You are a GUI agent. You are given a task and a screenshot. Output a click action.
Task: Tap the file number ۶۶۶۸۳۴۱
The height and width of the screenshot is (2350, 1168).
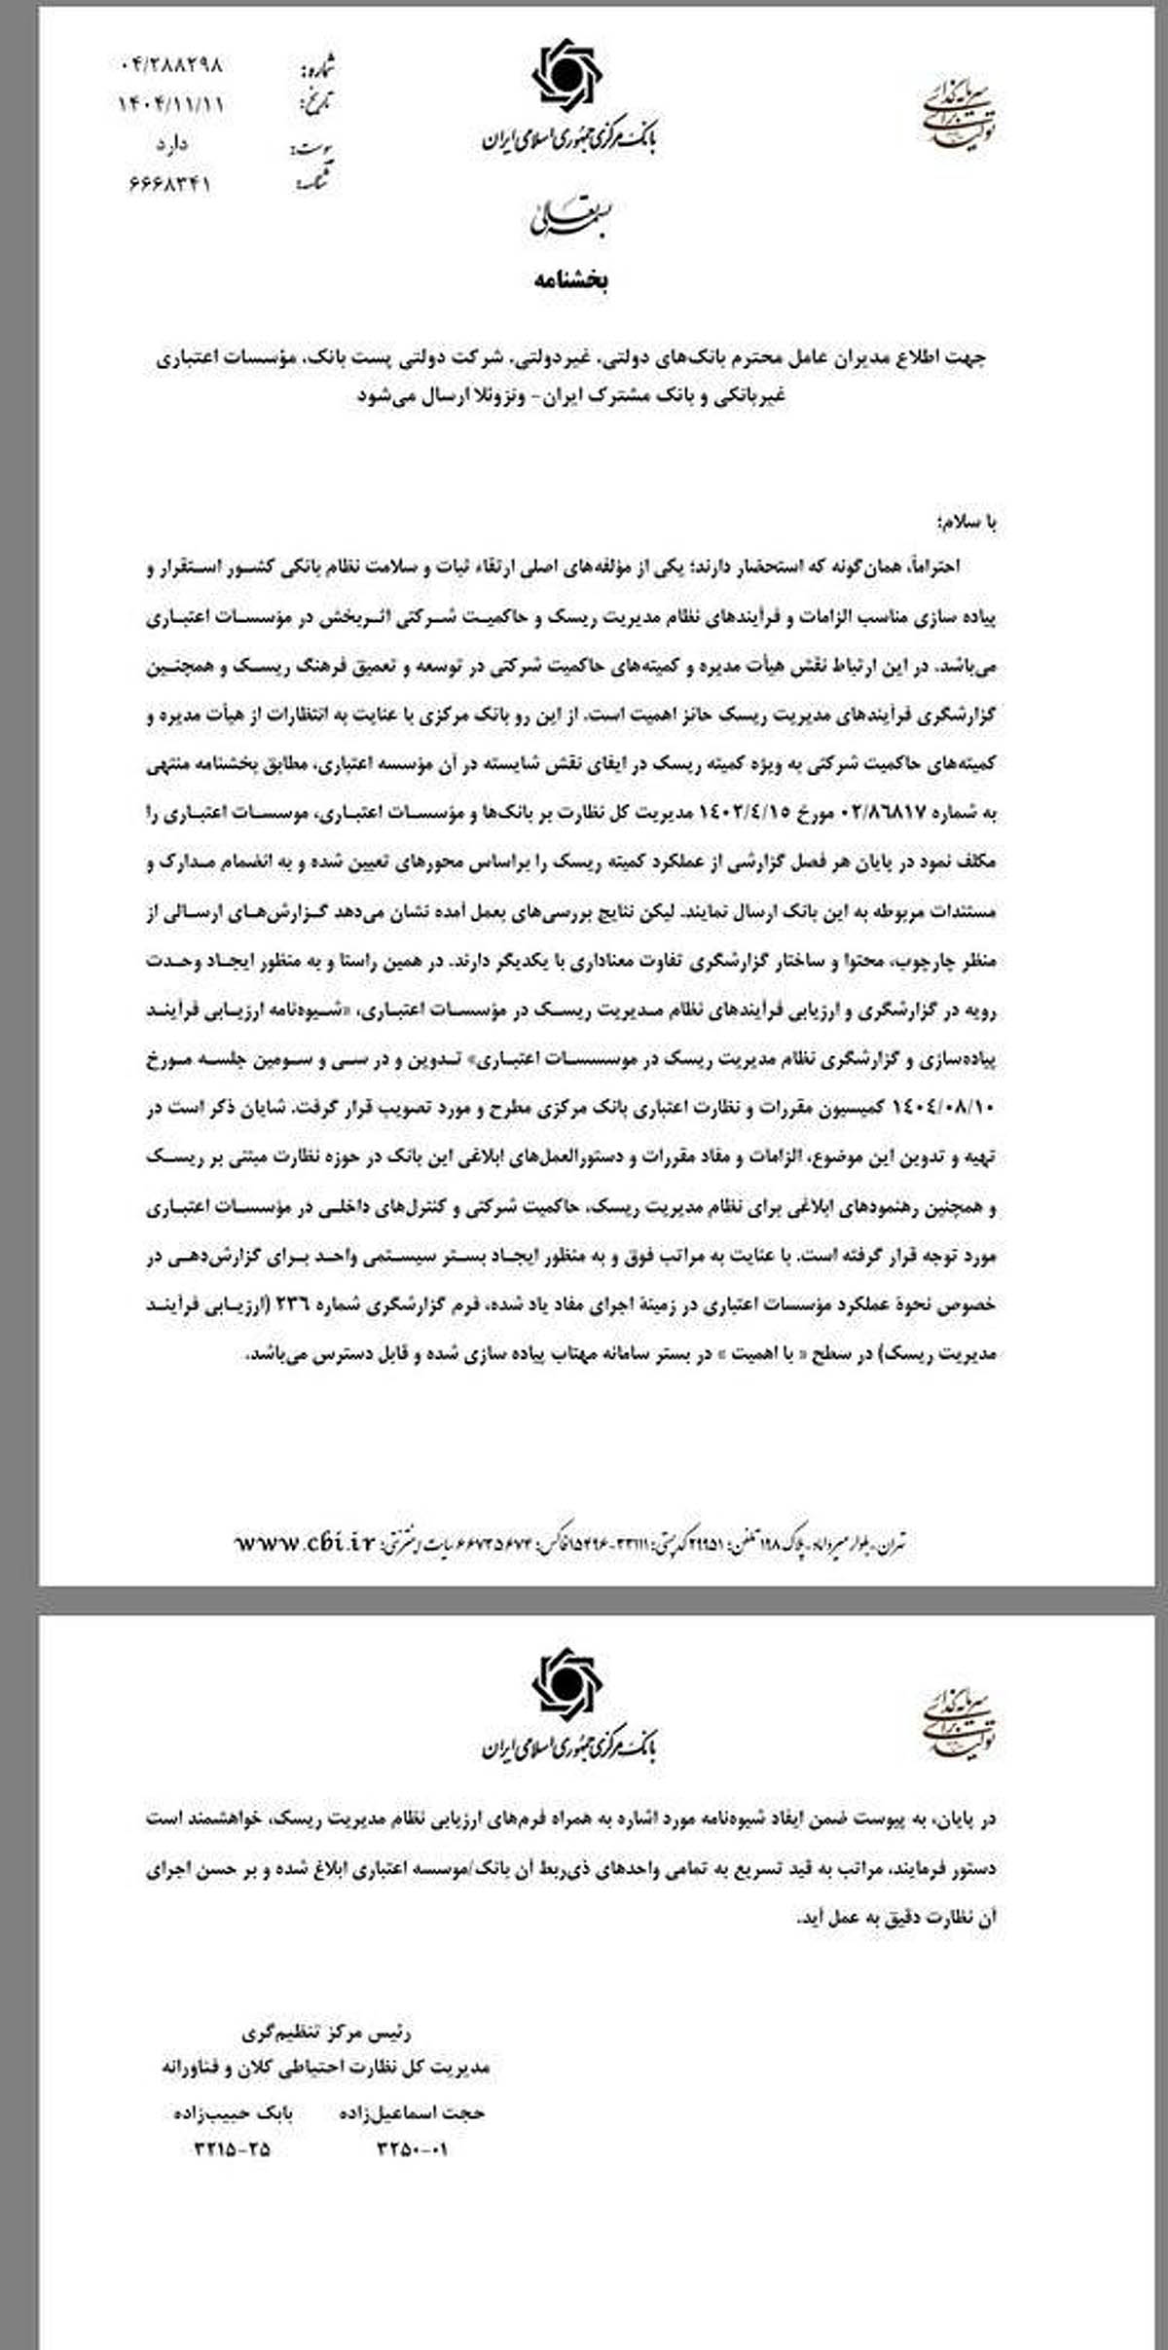(169, 183)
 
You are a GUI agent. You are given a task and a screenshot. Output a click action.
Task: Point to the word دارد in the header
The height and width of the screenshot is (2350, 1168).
(171, 144)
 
